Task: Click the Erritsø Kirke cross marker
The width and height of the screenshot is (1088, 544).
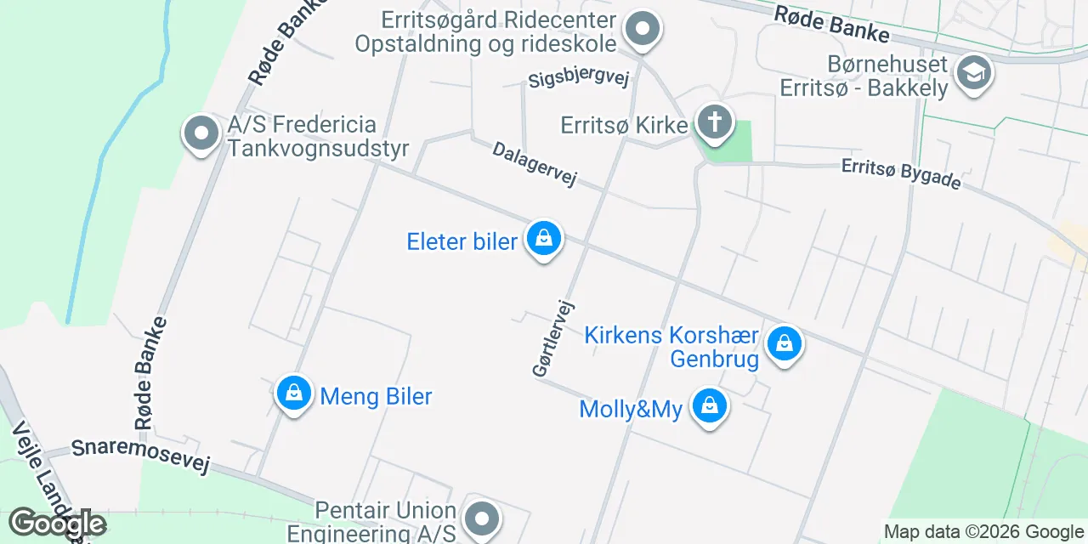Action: point(715,123)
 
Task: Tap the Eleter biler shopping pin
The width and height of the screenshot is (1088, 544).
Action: point(543,240)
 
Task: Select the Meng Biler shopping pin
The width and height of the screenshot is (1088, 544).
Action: point(294,394)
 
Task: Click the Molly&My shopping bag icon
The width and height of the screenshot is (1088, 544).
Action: point(708,407)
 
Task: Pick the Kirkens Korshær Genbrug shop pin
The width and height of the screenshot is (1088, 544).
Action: point(785,345)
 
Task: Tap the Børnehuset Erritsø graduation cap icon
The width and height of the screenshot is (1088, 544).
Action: point(973,73)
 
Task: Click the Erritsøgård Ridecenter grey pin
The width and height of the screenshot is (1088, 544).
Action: point(643,30)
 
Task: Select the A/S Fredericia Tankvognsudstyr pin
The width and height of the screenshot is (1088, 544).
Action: point(201,134)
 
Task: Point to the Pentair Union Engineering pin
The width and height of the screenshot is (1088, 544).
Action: point(482,517)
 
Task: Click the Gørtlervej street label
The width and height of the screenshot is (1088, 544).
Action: point(553,339)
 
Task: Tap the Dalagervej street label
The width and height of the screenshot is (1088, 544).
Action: point(535,164)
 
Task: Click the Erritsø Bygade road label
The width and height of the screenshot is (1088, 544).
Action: point(901,173)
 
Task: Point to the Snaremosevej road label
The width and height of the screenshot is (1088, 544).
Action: point(140,456)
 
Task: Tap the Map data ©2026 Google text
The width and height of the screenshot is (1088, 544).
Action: point(983,532)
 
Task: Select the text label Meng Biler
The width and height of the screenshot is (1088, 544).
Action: point(376,396)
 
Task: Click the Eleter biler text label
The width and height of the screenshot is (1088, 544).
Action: point(462,241)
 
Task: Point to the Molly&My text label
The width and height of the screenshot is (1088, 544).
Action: point(631,410)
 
